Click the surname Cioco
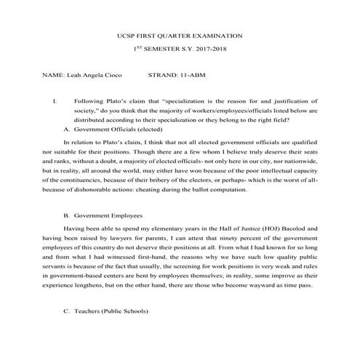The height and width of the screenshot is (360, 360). pos(111,74)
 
